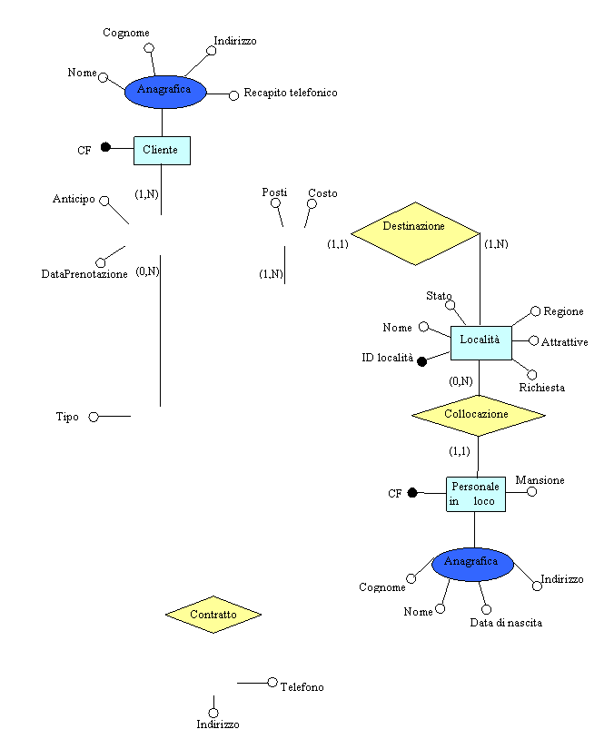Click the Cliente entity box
pos(162,151)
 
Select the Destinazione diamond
pos(415,233)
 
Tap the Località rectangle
pos(481,342)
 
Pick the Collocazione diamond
pos(478,415)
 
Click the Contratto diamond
pos(213,615)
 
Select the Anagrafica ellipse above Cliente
pos(165,92)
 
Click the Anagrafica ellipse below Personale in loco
pos(472,564)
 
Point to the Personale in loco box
pos(475,494)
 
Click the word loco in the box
pos(484,501)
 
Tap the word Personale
pos(475,487)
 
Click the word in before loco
pos(453,501)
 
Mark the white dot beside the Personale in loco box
pos(531,492)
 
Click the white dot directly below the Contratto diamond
pos(213,713)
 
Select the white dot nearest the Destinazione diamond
pos(312,203)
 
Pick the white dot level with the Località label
pos(533,340)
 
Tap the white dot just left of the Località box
pos(423,326)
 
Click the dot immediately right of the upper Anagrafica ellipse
pos(233,95)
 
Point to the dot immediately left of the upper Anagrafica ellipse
pos(103,77)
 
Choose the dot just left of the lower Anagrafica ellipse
pos(411,578)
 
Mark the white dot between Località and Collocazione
pos(531,375)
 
